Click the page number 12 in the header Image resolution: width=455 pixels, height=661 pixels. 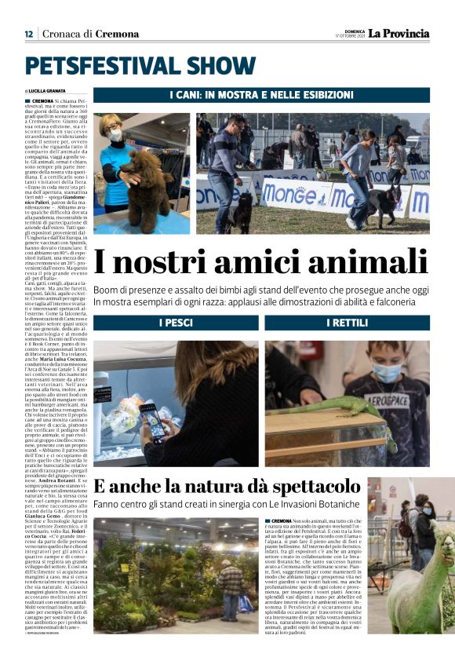pos(27,34)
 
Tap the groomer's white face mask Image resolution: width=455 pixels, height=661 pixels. pos(115,135)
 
